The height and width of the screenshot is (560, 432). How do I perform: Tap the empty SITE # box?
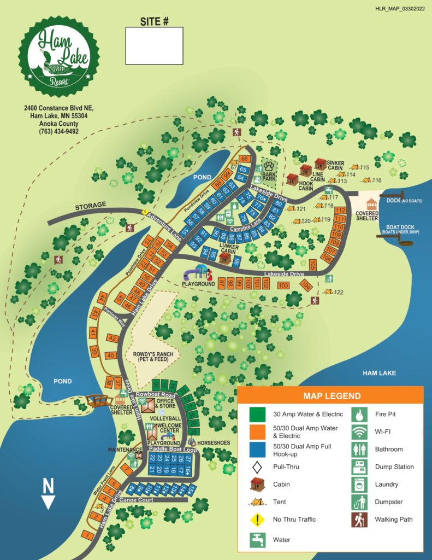(x=154, y=46)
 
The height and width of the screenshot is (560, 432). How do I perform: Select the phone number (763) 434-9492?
(x=59, y=131)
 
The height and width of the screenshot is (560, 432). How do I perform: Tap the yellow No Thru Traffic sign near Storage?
(x=145, y=212)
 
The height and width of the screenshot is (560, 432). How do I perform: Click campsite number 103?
(x=283, y=285)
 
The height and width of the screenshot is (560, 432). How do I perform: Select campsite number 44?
(x=102, y=298)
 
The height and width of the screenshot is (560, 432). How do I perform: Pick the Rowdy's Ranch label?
(x=153, y=357)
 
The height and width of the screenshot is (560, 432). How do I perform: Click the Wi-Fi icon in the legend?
(x=359, y=432)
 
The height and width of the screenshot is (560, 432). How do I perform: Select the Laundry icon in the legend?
(x=359, y=485)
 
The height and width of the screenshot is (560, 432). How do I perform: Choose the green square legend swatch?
(x=257, y=413)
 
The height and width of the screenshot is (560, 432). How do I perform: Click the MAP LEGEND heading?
(x=330, y=395)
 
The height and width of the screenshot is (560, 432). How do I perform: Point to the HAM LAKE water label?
(x=378, y=373)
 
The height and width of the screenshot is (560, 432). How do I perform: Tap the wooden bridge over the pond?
(x=99, y=401)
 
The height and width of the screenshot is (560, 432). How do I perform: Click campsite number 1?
(x=87, y=534)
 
